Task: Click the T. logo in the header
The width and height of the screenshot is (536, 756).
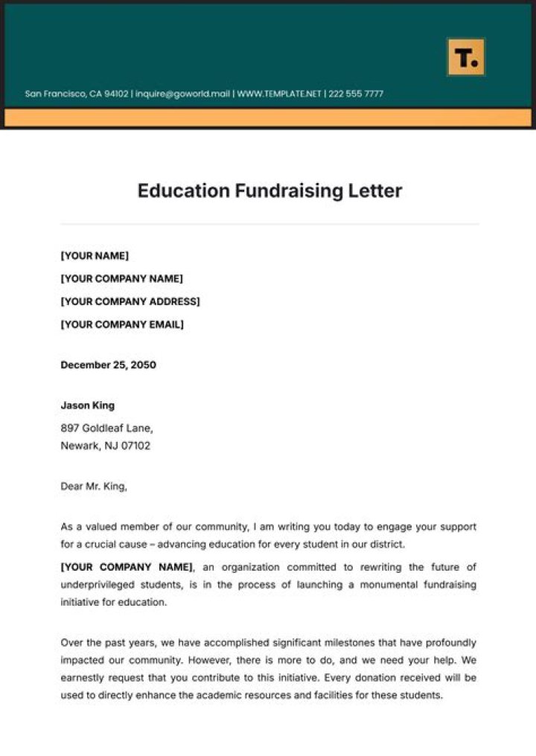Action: [466, 57]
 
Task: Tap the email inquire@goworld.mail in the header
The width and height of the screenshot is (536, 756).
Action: [182, 94]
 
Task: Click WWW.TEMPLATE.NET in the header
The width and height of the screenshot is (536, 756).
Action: [279, 94]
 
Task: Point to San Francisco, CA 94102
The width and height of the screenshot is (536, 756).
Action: [77, 94]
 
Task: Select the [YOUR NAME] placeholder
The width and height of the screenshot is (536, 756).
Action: [95, 256]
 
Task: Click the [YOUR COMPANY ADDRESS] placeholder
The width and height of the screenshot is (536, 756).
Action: [130, 301]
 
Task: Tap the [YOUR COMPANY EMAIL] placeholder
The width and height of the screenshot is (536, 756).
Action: [121, 324]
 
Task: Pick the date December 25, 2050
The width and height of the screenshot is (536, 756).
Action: [108, 365]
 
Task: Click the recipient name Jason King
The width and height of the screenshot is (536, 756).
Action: [87, 406]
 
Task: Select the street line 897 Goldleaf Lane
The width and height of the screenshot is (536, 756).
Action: [106, 429]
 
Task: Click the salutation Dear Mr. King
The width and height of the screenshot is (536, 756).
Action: [94, 487]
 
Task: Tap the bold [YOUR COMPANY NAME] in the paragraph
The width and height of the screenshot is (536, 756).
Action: [126, 567]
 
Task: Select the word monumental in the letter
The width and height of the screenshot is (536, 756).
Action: [391, 585]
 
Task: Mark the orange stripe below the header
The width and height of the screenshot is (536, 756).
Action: [268, 118]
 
